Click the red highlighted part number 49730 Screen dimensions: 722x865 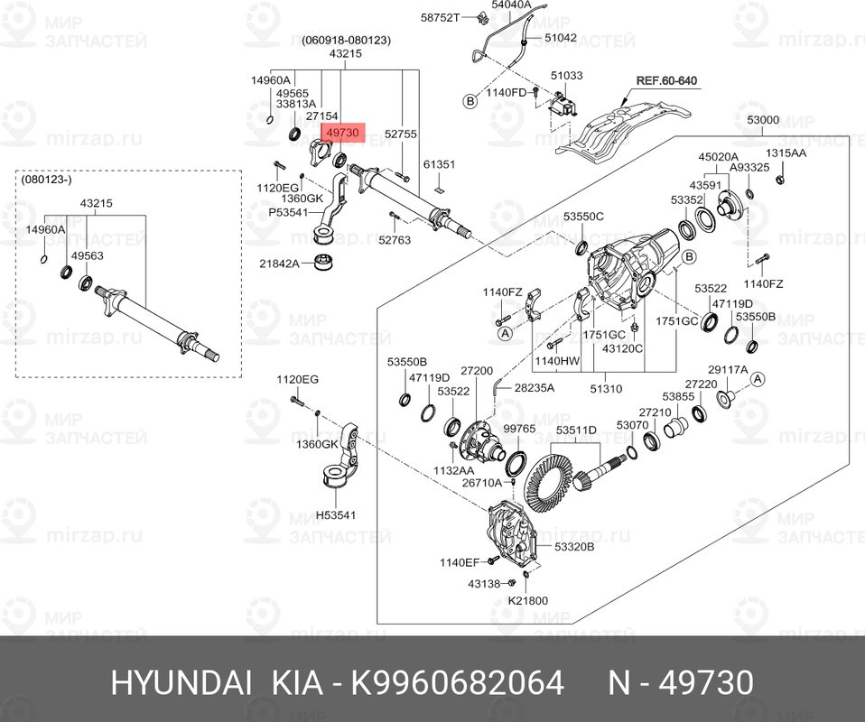[x=342, y=133]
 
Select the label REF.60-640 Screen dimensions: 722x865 [x=666, y=80]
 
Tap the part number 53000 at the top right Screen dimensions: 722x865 [x=763, y=120]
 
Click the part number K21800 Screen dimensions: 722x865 [x=527, y=600]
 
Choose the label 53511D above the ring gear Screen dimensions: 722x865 [x=576, y=430]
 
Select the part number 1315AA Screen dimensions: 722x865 [x=786, y=153]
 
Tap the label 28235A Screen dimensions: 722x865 [x=535, y=387]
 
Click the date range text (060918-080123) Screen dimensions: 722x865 [x=346, y=40]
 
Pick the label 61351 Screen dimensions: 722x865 [x=440, y=164]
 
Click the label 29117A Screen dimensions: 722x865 [x=727, y=369]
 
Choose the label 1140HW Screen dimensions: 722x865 [x=556, y=361]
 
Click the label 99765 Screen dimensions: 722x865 [x=519, y=429]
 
